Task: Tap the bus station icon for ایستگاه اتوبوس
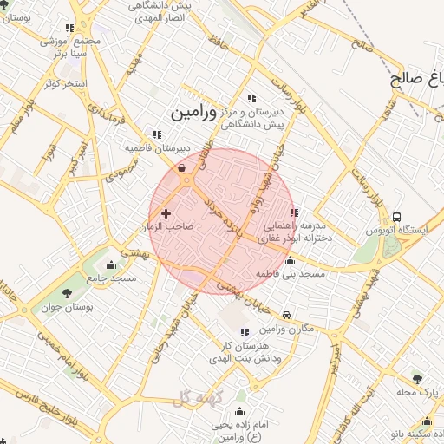pyautogui.click(x=397, y=216)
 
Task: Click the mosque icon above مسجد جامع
pyautogui.click(x=111, y=265)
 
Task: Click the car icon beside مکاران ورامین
pyautogui.click(x=287, y=315)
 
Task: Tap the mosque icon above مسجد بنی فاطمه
pyautogui.click(x=290, y=261)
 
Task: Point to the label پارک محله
pyautogui.click(x=417, y=392)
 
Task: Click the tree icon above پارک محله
pyautogui.click(x=418, y=379)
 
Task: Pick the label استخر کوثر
pyautogui.click(x=61, y=83)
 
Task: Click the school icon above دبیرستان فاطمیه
pyautogui.click(x=156, y=134)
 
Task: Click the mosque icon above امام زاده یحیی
pyautogui.click(x=239, y=410)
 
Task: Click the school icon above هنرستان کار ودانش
pyautogui.click(x=243, y=332)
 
